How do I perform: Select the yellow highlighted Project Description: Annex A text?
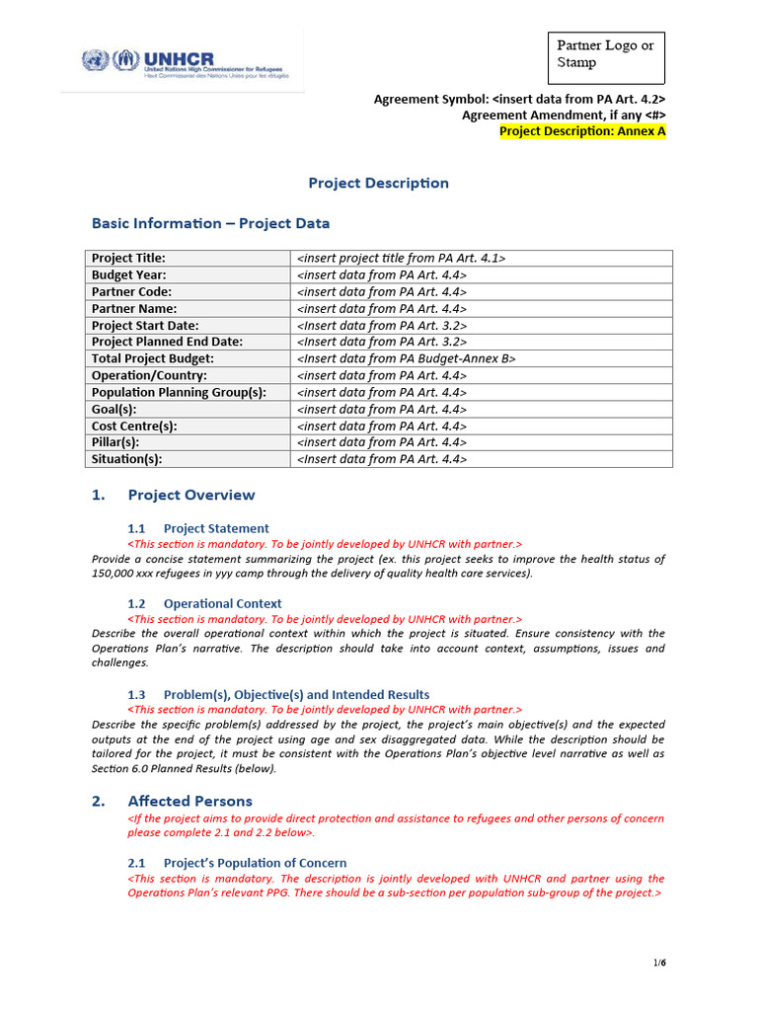(x=582, y=131)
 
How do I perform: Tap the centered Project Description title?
(x=378, y=183)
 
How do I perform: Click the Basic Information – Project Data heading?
(x=210, y=223)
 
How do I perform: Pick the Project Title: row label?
(x=129, y=258)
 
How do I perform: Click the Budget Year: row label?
(x=129, y=274)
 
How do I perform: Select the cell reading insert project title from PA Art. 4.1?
(x=401, y=258)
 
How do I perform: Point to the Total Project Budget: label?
(x=153, y=358)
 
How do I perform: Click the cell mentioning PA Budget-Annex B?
(x=406, y=358)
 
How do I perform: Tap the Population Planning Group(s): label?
(x=179, y=392)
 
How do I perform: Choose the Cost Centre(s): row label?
(x=134, y=426)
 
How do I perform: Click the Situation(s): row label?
(x=127, y=459)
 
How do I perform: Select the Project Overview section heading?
(x=191, y=495)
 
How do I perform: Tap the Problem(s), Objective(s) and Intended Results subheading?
(x=296, y=694)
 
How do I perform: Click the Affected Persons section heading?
(x=189, y=801)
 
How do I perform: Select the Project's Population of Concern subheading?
(x=255, y=862)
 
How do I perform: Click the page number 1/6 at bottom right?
(x=659, y=963)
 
